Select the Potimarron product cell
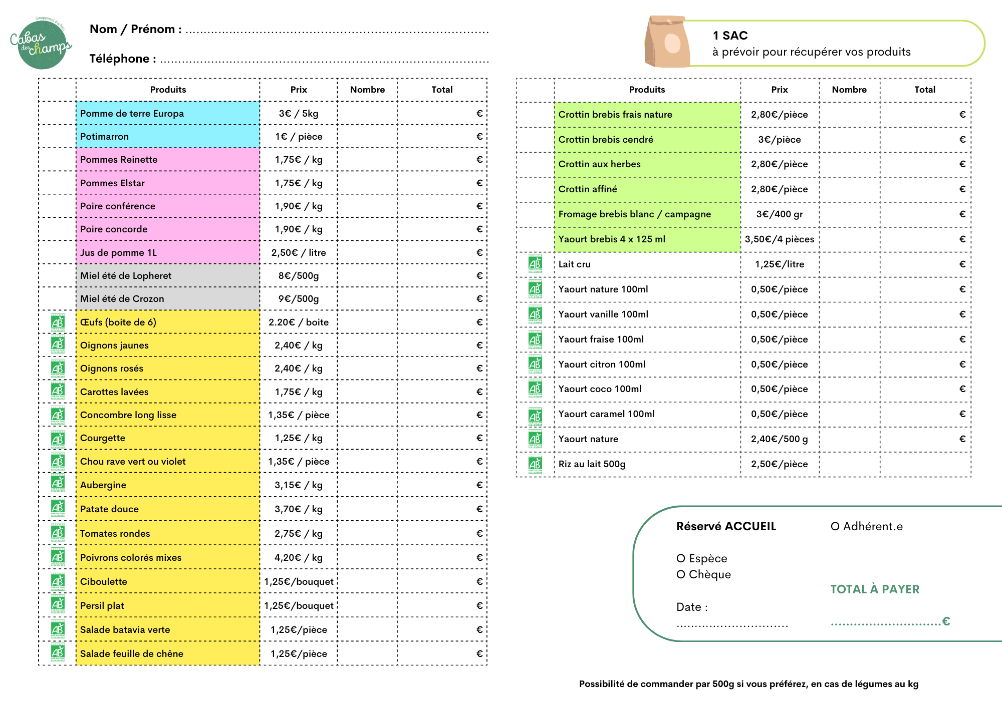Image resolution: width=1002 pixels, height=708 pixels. click(167, 137)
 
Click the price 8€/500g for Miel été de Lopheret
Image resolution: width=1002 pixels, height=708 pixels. click(299, 276)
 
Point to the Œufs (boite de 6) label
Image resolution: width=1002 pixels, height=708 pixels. click(118, 322)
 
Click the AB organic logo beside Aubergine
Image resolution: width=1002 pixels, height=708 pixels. click(58, 484)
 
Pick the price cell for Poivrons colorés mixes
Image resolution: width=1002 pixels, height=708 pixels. click(299, 558)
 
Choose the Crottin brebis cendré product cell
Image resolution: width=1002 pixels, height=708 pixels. click(646, 140)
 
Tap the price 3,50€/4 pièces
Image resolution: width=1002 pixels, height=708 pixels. click(779, 239)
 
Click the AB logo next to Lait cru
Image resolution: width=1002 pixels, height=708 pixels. click(535, 264)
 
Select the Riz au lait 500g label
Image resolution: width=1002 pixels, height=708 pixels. click(592, 464)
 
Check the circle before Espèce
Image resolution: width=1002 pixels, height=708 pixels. click(680, 559)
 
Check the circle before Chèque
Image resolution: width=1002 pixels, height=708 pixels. click(680, 575)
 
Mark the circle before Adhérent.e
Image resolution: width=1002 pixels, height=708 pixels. click(835, 527)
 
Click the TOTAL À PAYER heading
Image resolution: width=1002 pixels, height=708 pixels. click(875, 589)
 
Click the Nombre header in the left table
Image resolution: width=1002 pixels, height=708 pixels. click(367, 90)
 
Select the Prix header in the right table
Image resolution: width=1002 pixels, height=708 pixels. click(779, 90)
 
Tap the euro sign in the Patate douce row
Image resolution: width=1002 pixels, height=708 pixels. click(479, 509)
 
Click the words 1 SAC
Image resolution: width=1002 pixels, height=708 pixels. click(730, 36)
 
